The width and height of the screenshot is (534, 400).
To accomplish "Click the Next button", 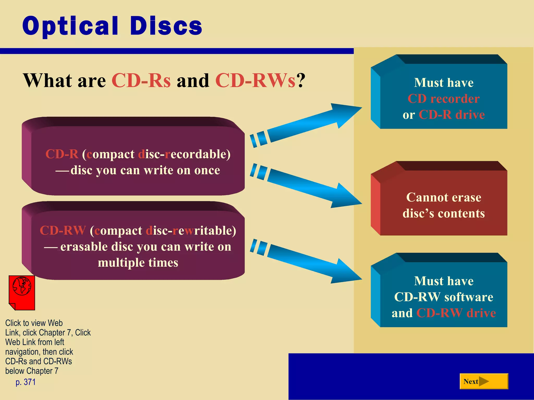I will pyautogui.click(x=484, y=381).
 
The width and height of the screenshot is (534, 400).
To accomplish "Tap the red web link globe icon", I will pyautogui.click(x=22, y=292).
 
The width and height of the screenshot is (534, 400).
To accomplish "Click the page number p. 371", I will pyautogui.click(x=26, y=382).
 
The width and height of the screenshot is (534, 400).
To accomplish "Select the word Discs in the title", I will pyautogui.click(x=166, y=26).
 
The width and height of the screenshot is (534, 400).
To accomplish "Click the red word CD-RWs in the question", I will pyautogui.click(x=256, y=80).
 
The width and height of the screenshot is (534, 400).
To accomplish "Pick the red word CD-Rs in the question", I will pyautogui.click(x=141, y=80).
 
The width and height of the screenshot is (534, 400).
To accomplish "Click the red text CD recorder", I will pyautogui.click(x=444, y=99).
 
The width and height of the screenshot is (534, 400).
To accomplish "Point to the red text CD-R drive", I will pyautogui.click(x=452, y=115).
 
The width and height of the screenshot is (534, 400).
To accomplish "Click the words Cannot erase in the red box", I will pyautogui.click(x=444, y=197).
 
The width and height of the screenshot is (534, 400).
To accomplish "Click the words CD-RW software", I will pyautogui.click(x=444, y=297).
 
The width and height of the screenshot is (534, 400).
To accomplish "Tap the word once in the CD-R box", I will pyautogui.click(x=207, y=170).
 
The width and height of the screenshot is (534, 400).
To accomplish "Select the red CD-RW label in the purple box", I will pyautogui.click(x=63, y=230).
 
